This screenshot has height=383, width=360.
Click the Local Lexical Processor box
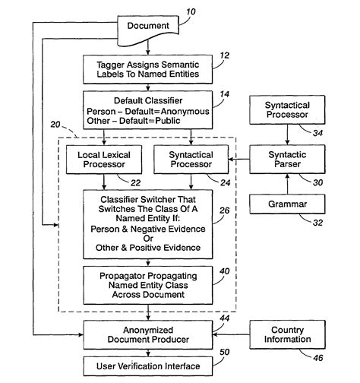pyautogui.click(x=105, y=160)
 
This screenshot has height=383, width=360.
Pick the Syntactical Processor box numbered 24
pyautogui.click(x=191, y=160)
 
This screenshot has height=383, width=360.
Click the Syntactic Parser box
pyautogui.click(x=286, y=160)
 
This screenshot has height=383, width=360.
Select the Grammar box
pyautogui.click(x=286, y=204)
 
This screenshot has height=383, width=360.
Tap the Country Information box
pyautogui.click(x=286, y=334)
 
